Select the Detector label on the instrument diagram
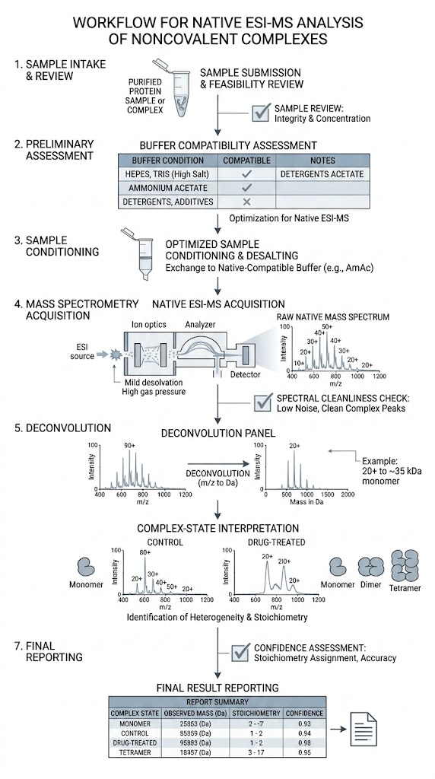click(x=246, y=375)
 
